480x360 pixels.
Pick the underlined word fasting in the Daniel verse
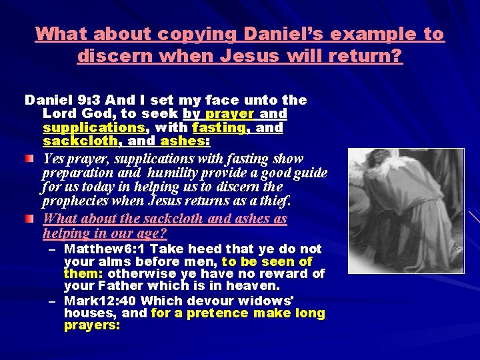coord(217,127)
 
